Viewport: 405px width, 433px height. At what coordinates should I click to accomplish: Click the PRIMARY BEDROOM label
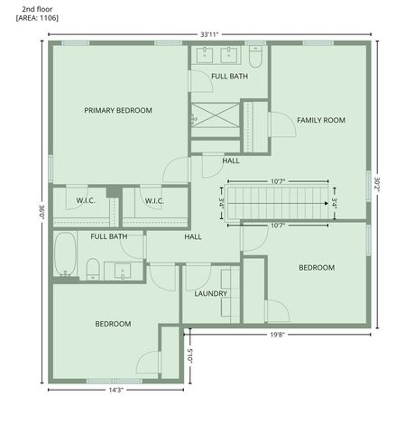117,111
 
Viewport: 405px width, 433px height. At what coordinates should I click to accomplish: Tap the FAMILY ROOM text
321,120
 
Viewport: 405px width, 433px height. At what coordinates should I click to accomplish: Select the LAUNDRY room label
210,293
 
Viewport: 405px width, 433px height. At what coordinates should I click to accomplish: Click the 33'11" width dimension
208,33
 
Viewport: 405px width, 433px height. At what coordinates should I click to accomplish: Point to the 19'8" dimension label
278,335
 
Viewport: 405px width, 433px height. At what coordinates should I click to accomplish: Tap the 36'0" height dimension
41,213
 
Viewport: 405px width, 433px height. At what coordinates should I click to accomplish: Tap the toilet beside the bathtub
92,268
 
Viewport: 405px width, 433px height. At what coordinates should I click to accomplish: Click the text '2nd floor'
37,8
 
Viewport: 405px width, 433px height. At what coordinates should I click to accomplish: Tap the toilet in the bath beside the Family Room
255,59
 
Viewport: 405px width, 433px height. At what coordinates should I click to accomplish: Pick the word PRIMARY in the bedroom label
99,111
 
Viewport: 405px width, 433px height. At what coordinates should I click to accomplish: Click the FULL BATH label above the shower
229,77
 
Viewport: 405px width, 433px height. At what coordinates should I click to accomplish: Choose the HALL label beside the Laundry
192,236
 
